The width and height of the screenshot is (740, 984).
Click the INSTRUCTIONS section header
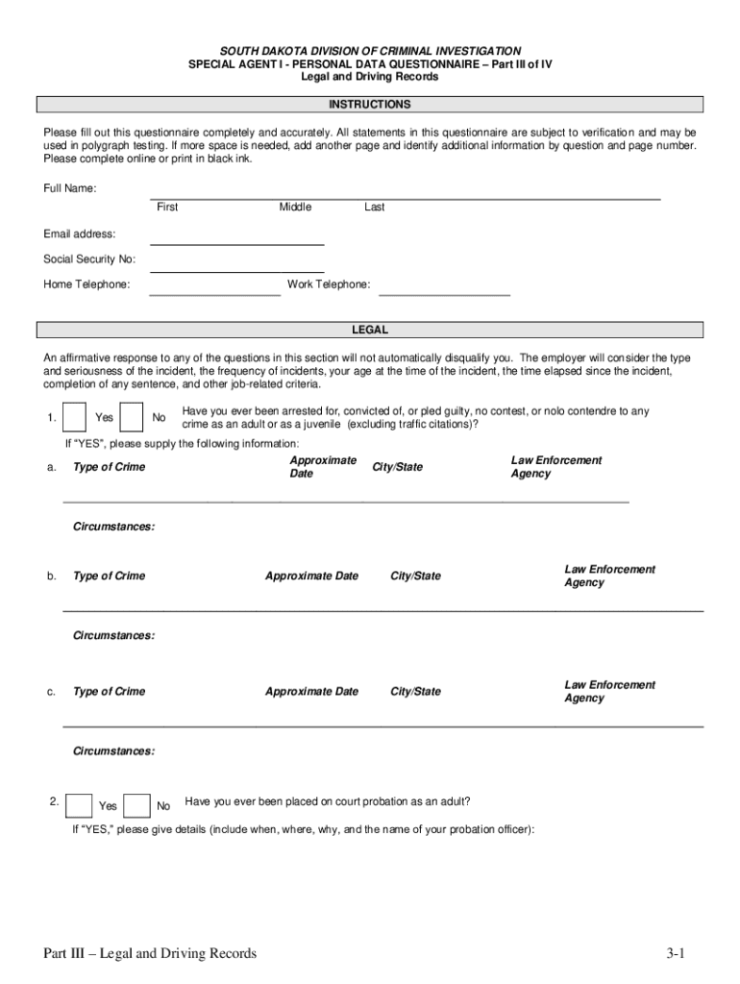pos(370,104)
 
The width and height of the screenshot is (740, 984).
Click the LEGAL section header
pos(370,330)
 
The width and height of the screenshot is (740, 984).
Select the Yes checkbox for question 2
pos(81,805)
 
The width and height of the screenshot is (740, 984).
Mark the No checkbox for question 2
pos(137,805)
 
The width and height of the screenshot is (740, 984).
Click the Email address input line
pos(236,240)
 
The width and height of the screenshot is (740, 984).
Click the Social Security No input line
pos(236,266)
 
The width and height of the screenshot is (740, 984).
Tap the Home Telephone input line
pos(214,290)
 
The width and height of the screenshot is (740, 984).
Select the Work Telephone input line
pos(444,290)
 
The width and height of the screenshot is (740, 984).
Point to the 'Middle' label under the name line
pos(295,208)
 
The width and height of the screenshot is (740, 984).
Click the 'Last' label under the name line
pos(375,208)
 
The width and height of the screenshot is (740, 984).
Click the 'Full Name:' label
pos(69,188)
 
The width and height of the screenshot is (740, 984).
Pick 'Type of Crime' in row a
pos(110,467)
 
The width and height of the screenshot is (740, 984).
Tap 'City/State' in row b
pos(416,577)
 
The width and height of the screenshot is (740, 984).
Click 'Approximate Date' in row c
pos(311,692)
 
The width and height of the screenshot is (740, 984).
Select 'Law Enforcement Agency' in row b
pos(609,577)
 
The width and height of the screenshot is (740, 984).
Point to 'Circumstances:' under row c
pos(113,751)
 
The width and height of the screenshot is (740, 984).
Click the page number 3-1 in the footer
pos(673,953)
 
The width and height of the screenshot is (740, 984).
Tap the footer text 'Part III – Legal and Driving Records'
pos(150,953)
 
